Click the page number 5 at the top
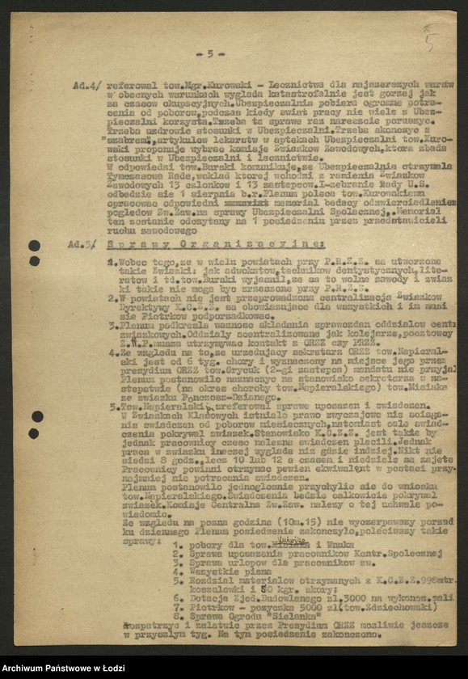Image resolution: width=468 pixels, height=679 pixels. pyautogui.click(x=211, y=53)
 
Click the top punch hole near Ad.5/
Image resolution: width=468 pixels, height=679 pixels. pyautogui.click(x=34, y=245)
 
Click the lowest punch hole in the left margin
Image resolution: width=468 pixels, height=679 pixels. pyautogui.click(x=34, y=433)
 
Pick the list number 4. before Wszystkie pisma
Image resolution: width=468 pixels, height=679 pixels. pyautogui.click(x=177, y=570)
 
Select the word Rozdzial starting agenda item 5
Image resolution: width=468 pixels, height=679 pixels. pyautogui.click(x=209, y=578)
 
